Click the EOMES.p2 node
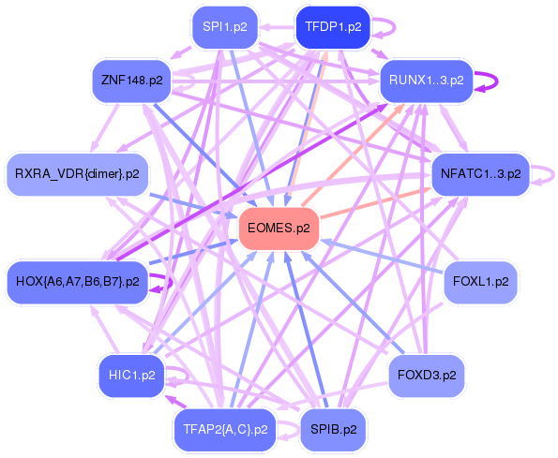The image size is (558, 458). tap(279, 229)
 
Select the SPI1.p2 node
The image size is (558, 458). tap(225, 27)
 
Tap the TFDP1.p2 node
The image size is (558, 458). tap(333, 27)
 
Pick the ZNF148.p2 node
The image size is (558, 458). tap(131, 81)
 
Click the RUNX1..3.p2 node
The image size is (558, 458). tap(427, 81)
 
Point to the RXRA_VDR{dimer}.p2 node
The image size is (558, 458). tap(77, 174)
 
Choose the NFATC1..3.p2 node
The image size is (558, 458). tap(481, 174)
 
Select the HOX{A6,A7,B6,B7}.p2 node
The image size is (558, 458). tap(77, 282)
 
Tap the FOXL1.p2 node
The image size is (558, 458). tap(481, 282)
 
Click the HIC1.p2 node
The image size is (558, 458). tap(131, 376)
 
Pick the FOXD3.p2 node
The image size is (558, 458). tap(427, 376)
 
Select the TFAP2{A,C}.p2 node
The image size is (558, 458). tap(225, 430)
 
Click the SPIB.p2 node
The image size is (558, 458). tap(333, 430)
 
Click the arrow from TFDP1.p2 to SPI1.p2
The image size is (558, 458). tap(277, 27)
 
